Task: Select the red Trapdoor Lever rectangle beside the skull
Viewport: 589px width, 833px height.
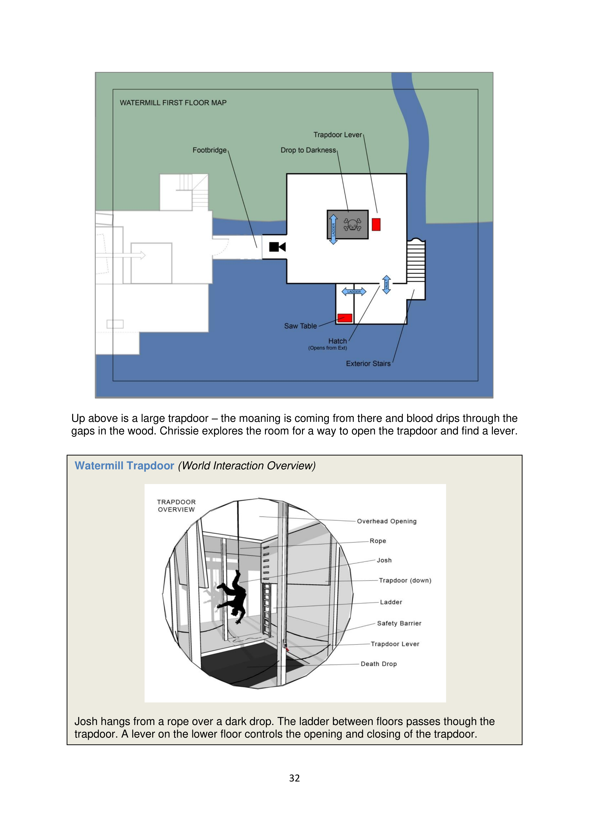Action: (376, 224)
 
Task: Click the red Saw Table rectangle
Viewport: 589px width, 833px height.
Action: (344, 318)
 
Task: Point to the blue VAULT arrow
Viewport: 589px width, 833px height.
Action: (386, 284)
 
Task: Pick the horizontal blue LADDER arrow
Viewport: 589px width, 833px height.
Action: (354, 291)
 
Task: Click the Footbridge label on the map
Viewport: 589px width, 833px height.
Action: (209, 150)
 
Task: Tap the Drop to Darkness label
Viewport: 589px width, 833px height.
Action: (308, 150)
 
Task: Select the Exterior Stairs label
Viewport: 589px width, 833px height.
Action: (368, 363)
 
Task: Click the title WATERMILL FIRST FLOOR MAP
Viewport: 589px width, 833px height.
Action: (173, 103)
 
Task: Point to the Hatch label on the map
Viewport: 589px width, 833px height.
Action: (337, 341)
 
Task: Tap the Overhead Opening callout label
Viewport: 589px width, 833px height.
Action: (386, 521)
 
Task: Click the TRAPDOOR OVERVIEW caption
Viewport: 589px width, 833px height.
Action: (176, 505)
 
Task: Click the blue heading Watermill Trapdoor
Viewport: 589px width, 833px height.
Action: (124, 466)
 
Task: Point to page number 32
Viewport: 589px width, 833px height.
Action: (294, 778)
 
